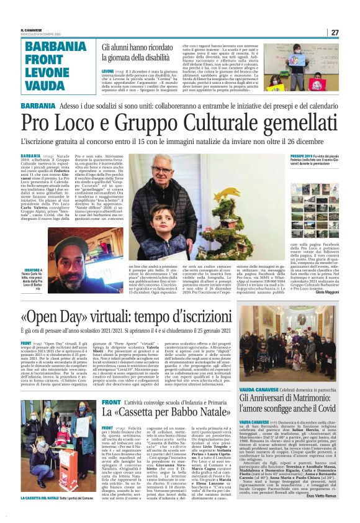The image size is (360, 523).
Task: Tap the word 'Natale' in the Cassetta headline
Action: [x=194, y=411]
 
